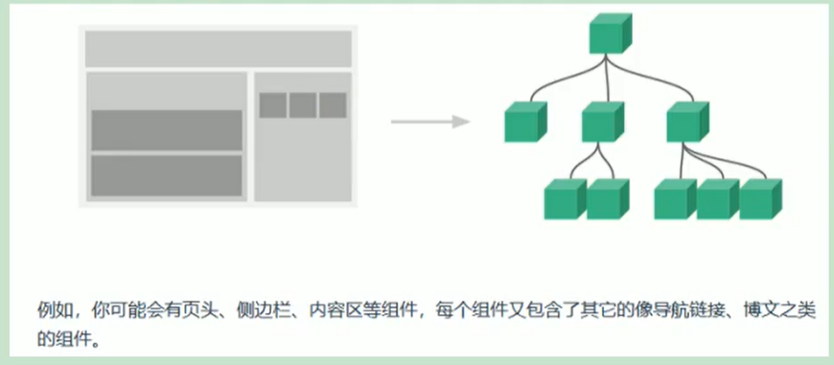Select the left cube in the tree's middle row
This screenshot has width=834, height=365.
tap(524, 122)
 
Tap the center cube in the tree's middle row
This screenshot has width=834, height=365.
tap(602, 122)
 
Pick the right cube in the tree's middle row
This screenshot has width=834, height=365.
tap(687, 122)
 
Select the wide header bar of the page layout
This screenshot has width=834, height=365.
tap(219, 49)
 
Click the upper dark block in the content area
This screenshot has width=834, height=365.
tap(167, 129)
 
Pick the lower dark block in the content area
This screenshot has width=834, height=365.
tap(167, 175)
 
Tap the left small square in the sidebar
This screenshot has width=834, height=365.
tap(273, 104)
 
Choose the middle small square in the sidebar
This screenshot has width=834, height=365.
tap(303, 104)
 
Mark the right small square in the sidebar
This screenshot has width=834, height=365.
tap(333, 104)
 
